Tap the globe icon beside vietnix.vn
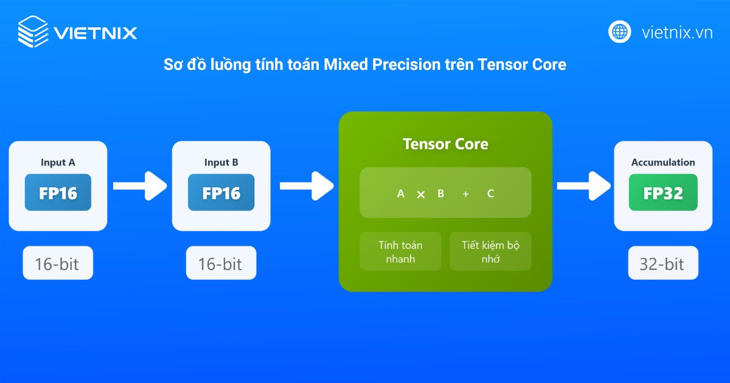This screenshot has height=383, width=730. [620, 32]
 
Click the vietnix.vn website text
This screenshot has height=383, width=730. [677, 32]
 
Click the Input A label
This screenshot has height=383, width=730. [58, 162]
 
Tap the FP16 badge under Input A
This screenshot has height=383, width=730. [58, 193]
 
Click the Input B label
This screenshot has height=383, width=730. [221, 162]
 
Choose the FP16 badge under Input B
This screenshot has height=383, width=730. [221, 193]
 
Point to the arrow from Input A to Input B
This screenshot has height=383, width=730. [139, 185]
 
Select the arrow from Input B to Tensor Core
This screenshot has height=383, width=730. [306, 185]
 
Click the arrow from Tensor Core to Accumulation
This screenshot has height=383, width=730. [583, 185]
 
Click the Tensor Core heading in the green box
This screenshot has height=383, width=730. [445, 144]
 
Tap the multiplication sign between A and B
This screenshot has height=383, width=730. [420, 195]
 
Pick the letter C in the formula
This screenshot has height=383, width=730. [490, 194]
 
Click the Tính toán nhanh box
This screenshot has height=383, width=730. [400, 252]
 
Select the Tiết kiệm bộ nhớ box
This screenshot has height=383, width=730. [490, 252]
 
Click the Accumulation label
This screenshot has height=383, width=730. [663, 162]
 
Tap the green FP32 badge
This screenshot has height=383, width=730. [663, 193]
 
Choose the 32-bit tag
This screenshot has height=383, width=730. [662, 264]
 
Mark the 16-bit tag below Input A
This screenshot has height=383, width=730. [58, 264]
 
